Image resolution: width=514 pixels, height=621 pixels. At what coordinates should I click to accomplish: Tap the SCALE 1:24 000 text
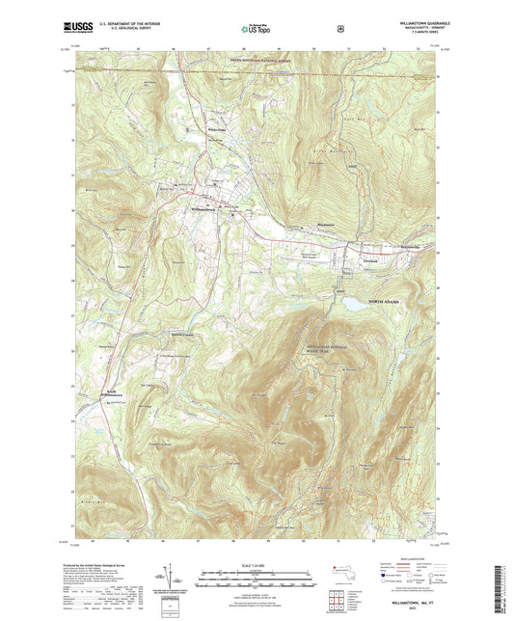256,564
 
